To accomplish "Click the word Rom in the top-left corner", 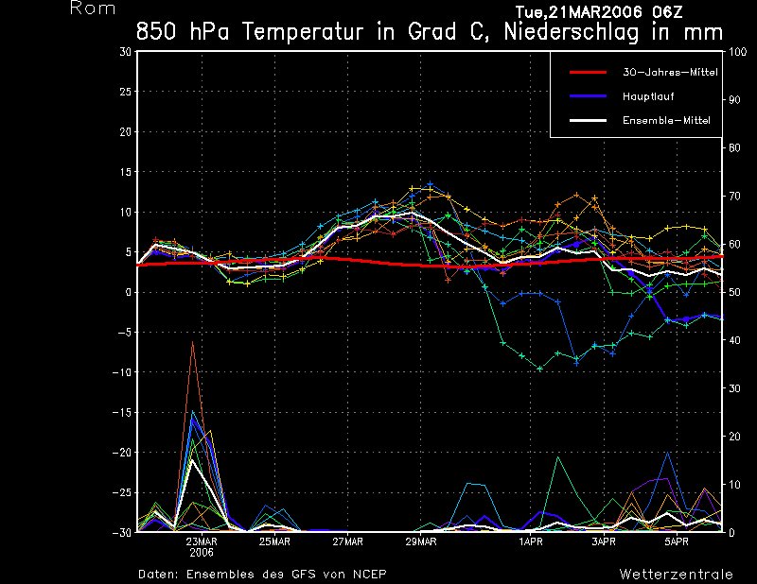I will pyautogui.click(x=93, y=9).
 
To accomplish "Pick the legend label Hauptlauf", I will pyautogui.click(x=647, y=96).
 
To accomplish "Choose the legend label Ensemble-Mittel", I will pyautogui.click(x=665, y=120).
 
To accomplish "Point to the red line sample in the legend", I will pyautogui.click(x=587, y=72).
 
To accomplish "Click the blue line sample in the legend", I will pyautogui.click(x=587, y=96).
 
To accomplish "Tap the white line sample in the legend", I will pyautogui.click(x=587, y=120).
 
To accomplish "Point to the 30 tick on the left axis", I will pyautogui.click(x=125, y=52).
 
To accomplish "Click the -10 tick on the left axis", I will pyautogui.click(x=122, y=372).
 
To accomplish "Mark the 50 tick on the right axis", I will pyautogui.click(x=733, y=292).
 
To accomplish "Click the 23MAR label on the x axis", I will pyautogui.click(x=202, y=542).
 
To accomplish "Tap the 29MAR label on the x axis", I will pyautogui.click(x=421, y=542).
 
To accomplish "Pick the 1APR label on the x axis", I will pyautogui.click(x=531, y=542).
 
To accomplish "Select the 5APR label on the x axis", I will pyautogui.click(x=677, y=542).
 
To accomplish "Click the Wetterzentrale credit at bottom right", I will pyautogui.click(x=676, y=575).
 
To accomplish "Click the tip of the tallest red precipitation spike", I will pyautogui.click(x=193, y=342).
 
